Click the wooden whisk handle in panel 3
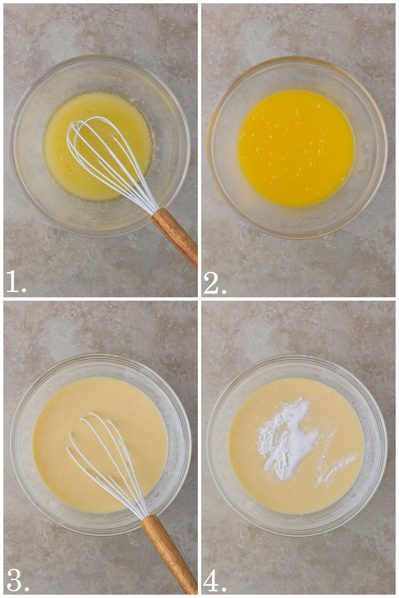(168, 551)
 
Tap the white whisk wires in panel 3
(100, 458)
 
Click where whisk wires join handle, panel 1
(155, 213)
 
